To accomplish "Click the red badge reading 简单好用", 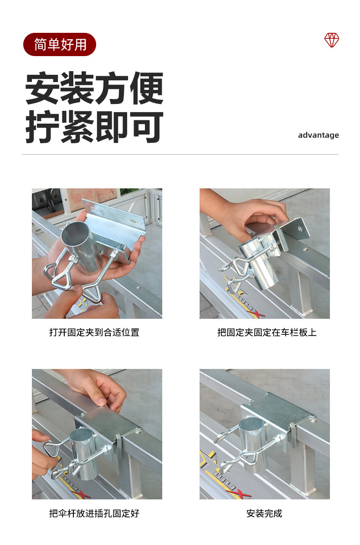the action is click(59, 45).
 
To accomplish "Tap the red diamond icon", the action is click(332, 40).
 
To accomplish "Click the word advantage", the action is click(319, 135).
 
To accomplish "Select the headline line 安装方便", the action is click(94, 88).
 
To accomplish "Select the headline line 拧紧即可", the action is click(94, 127).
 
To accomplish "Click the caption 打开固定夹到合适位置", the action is click(94, 332).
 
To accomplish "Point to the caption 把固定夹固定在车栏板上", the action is click(267, 332).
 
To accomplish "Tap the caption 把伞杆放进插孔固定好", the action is click(94, 513).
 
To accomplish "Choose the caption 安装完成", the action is click(264, 513).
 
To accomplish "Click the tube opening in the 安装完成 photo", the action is click(252, 426).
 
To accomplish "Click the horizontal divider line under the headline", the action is click(180, 154).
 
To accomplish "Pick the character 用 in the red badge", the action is click(80, 45).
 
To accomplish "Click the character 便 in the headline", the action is click(146, 88).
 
